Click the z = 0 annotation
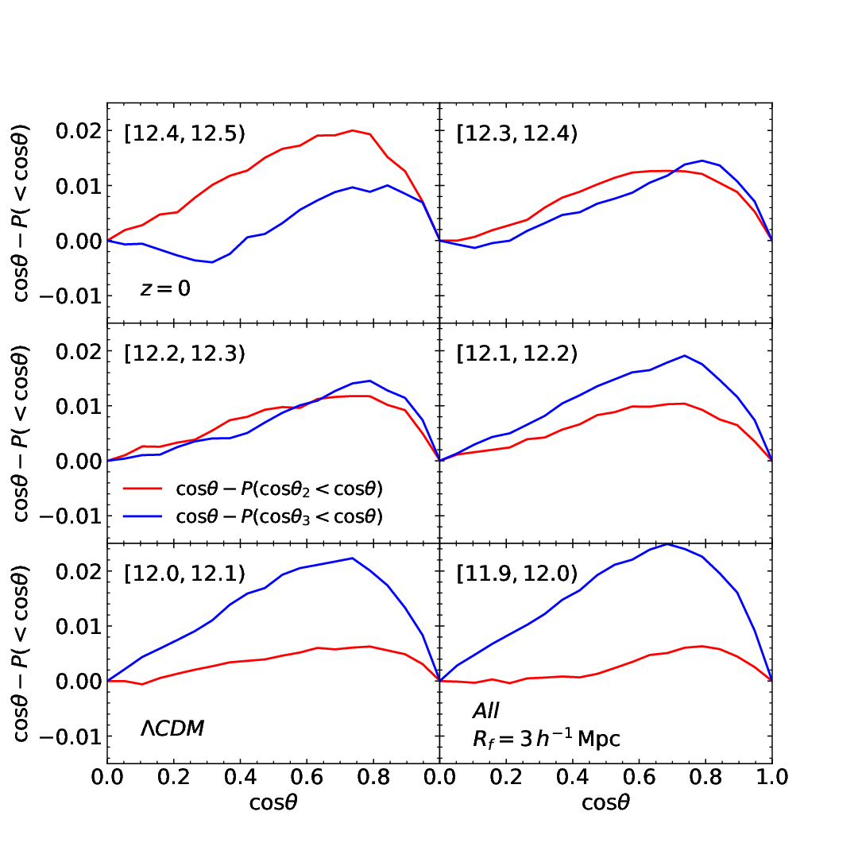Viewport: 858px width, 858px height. (165, 288)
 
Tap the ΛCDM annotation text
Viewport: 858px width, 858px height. (172, 729)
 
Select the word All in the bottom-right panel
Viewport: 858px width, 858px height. (486, 711)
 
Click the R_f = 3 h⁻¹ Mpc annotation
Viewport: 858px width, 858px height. (547, 739)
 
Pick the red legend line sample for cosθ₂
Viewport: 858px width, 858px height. (143, 488)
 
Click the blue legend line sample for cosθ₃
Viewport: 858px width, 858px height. (143, 516)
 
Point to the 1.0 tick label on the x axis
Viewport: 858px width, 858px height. (771, 777)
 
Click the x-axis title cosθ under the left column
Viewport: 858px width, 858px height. (273, 802)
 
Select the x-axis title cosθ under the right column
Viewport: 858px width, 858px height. (605, 802)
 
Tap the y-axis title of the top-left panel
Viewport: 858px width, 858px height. (20, 214)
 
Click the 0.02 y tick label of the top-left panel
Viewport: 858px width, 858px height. (79, 131)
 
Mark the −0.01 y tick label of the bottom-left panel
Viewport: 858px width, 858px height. (71, 737)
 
